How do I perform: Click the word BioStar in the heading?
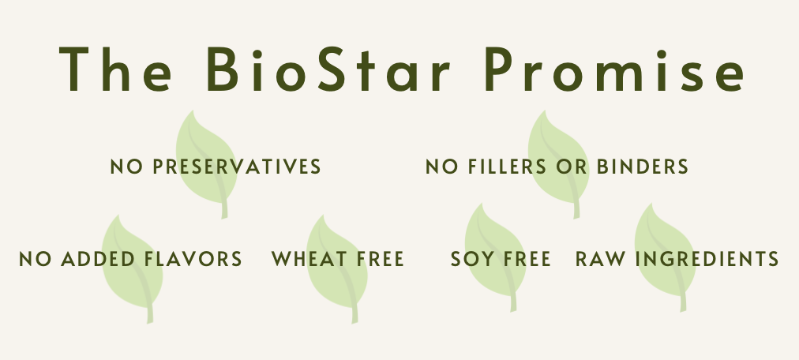click(328, 69)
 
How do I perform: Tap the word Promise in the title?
click(615, 69)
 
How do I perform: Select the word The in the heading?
click(115, 69)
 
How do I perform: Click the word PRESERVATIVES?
click(237, 167)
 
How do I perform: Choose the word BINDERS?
click(643, 167)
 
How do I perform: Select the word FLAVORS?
click(193, 259)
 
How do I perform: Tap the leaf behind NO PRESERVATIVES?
click(206, 163)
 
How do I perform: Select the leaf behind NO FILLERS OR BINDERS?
click(558, 163)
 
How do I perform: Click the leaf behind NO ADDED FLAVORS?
click(133, 268)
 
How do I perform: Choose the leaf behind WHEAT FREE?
click(337, 268)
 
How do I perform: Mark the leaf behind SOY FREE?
click(495, 256)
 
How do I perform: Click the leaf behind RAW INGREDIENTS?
click(665, 256)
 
